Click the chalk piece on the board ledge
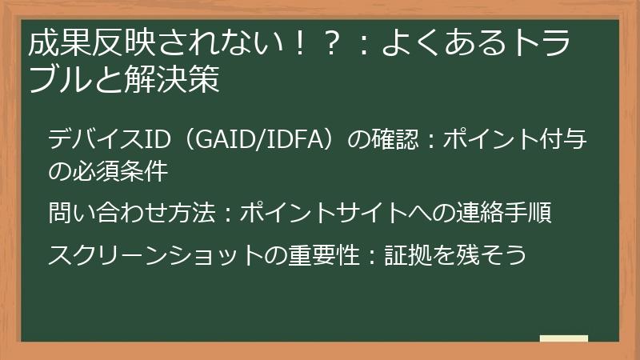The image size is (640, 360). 563,338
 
